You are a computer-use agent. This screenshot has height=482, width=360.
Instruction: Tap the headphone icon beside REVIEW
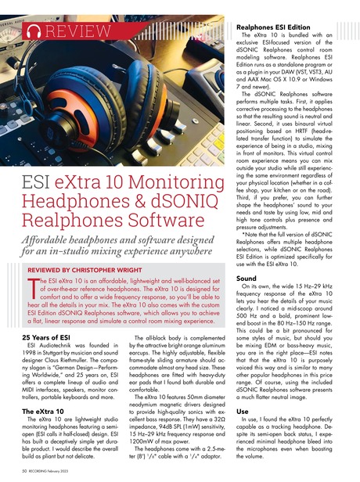pyautogui.click(x=31, y=31)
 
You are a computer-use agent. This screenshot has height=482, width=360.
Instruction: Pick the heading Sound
pyautogui.click(x=247, y=278)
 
